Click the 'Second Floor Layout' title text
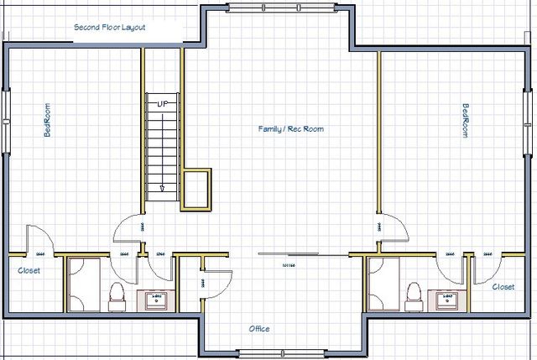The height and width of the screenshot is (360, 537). point(110,27)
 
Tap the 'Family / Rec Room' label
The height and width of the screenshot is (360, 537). point(290,129)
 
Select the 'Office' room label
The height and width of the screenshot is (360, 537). point(259,328)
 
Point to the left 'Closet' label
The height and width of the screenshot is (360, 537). point(29,270)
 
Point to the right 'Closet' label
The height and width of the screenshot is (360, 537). point(503,286)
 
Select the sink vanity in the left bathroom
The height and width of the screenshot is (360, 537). point(155,299)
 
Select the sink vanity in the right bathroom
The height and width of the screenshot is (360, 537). point(446,299)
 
